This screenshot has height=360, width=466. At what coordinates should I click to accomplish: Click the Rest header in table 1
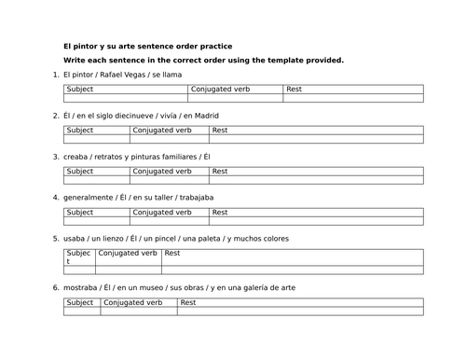click(x=295, y=90)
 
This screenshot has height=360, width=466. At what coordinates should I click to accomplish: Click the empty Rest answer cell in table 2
click(x=317, y=140)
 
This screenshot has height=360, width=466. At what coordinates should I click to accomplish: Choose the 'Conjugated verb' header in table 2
click(x=164, y=131)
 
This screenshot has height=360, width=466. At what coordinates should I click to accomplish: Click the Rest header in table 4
click(x=220, y=213)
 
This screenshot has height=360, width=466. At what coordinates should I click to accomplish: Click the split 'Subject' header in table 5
click(x=78, y=257)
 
